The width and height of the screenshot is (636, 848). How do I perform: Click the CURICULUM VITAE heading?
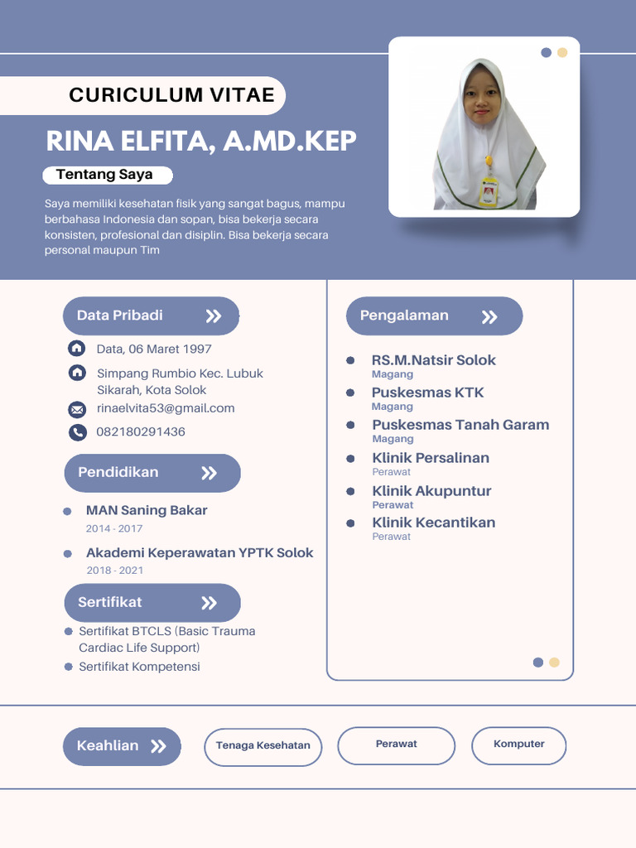click(171, 95)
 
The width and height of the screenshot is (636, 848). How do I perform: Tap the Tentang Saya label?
click(104, 175)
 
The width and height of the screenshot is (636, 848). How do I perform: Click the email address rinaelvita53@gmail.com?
click(166, 408)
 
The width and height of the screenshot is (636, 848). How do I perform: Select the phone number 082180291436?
click(141, 431)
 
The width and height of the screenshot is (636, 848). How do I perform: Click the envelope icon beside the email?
click(77, 409)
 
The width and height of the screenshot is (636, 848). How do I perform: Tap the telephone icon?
click(77, 431)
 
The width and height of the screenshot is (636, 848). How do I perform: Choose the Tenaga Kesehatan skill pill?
click(263, 745)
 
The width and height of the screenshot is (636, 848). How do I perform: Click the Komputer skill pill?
click(518, 744)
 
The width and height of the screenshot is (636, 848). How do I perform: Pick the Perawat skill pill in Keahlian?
click(396, 744)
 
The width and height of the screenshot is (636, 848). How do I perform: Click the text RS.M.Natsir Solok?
click(433, 360)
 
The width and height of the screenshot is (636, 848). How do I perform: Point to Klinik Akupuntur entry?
click(431, 491)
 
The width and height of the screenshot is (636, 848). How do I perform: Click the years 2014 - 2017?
click(114, 528)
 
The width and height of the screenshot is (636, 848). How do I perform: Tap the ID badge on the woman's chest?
click(489, 192)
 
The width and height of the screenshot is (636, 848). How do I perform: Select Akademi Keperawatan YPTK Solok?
click(200, 553)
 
